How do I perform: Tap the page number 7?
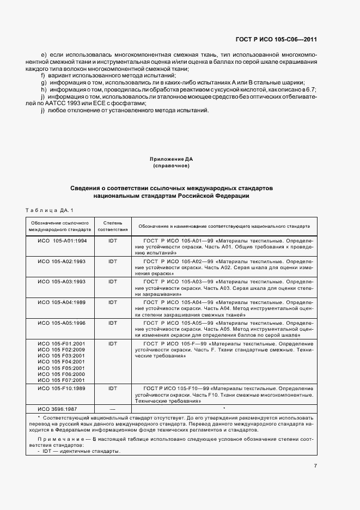coord(315,465)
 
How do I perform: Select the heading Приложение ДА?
coord(171,159)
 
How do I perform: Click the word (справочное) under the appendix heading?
coord(171,165)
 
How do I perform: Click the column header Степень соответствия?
coord(113,226)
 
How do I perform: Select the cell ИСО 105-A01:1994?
coord(62,240)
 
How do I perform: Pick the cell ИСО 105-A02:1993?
coord(62,261)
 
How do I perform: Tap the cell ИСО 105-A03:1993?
coord(62,281)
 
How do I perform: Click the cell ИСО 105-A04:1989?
coord(62,302)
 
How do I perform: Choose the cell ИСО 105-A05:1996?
coord(62,323)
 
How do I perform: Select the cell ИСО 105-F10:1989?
coord(62,388)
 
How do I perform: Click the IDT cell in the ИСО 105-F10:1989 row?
coord(113,388)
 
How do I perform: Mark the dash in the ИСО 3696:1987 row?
coord(113,408)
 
